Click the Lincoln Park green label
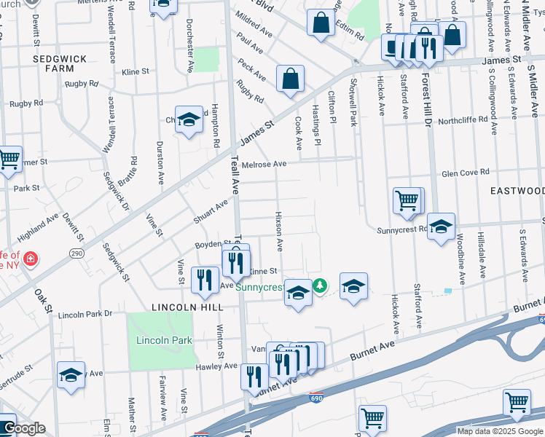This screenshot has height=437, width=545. pyautogui.click(x=164, y=340)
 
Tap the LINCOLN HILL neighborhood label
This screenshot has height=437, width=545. pyautogui.click(x=177, y=308)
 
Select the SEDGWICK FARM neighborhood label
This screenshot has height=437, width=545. pyautogui.click(x=60, y=63)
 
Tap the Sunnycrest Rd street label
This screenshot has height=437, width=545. pyautogui.click(x=401, y=229)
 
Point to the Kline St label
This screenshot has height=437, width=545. pyautogui.click(x=136, y=72)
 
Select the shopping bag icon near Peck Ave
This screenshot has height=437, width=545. pyautogui.click(x=290, y=79)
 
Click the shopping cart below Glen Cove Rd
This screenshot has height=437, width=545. pyautogui.click(x=407, y=200)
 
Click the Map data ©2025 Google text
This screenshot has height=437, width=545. pyautogui.click(x=499, y=431)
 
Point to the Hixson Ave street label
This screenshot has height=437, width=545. pyautogui.click(x=278, y=228)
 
